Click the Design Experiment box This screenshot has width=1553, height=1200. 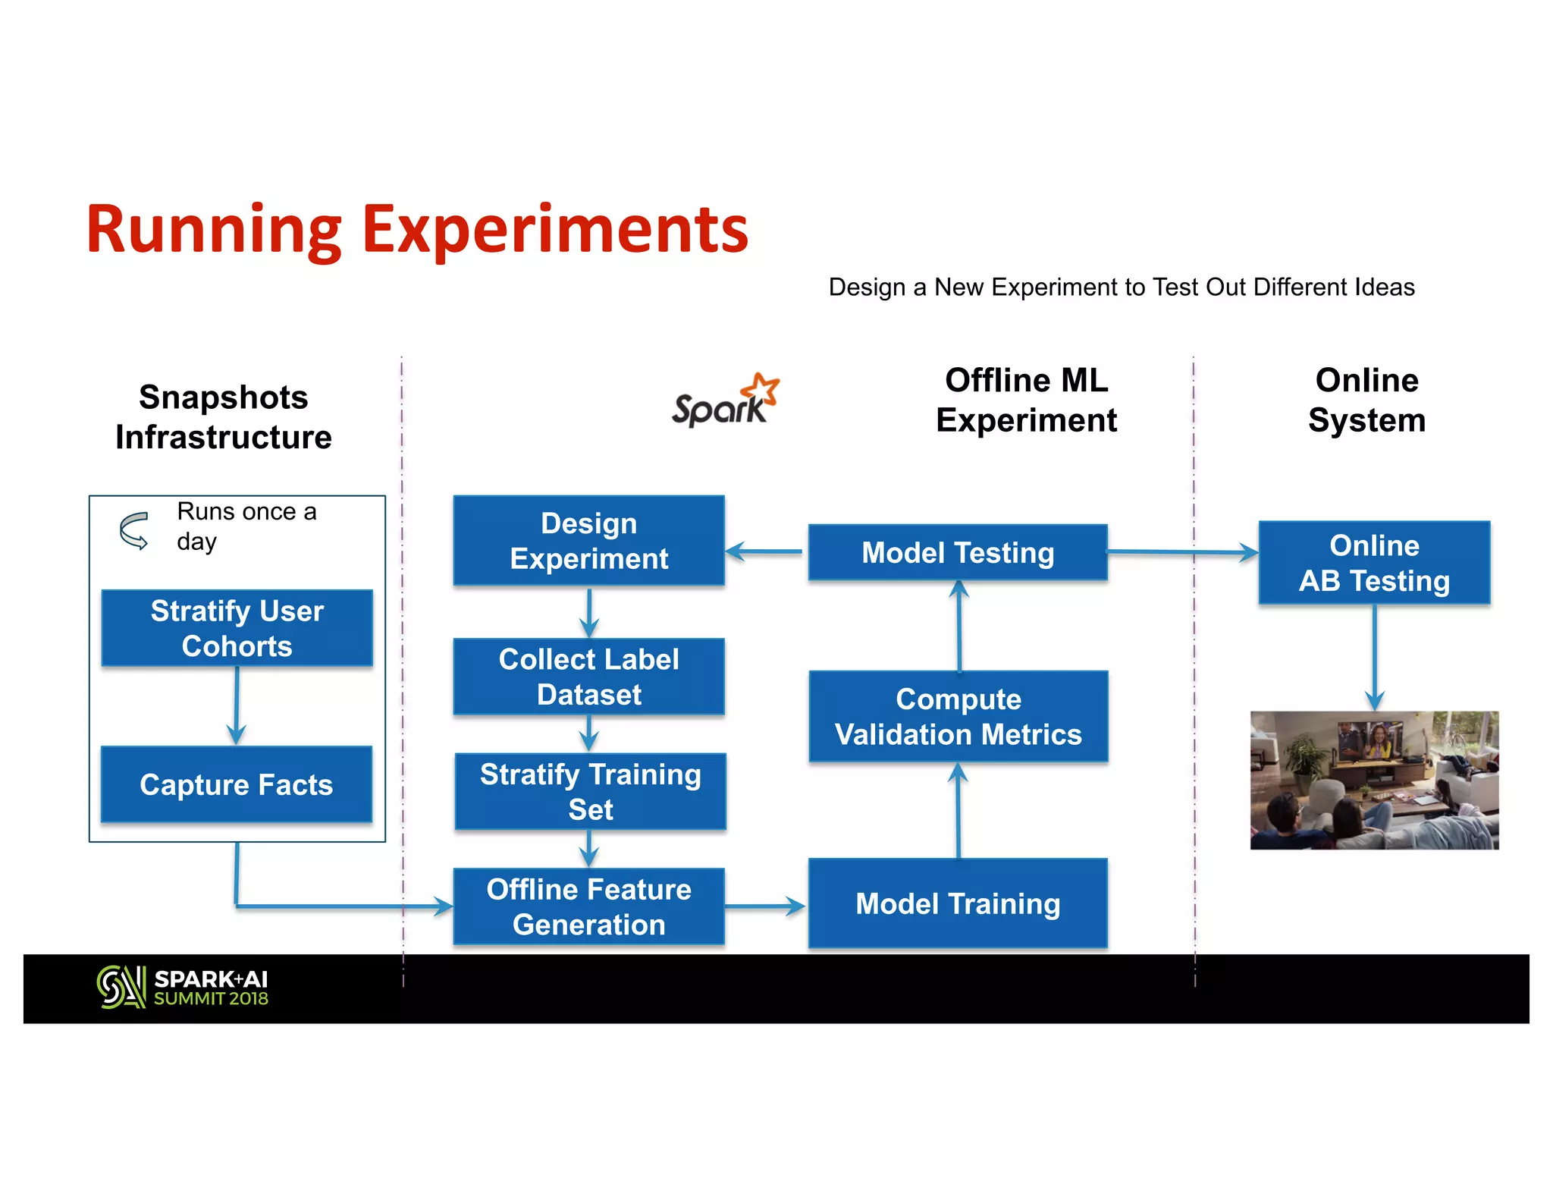coord(588,541)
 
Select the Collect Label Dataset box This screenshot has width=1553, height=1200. coord(588,677)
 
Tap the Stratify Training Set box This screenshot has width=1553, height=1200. coord(590,791)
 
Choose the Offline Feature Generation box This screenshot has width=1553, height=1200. coord(588,906)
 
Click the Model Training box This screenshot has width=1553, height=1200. coord(958,903)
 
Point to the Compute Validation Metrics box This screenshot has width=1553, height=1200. coord(958,716)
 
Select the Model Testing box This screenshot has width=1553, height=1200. coord(958,552)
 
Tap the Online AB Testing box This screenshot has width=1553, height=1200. coord(1374,563)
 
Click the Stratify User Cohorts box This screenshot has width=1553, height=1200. coord(237,628)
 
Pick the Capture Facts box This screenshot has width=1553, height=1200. coord(237,784)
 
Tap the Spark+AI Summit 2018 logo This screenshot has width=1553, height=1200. coord(183,988)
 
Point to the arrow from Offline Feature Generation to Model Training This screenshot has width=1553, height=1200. coord(764,906)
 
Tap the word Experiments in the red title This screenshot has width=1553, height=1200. coord(555,230)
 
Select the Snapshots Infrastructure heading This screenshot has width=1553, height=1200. coord(224,417)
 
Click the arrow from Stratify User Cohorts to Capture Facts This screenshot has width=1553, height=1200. coord(237,706)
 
